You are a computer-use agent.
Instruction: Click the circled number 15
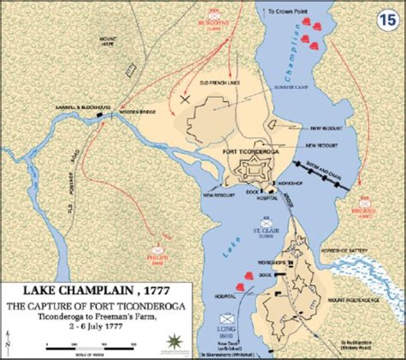[x=387, y=19]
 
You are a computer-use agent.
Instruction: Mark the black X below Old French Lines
[x=184, y=99]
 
